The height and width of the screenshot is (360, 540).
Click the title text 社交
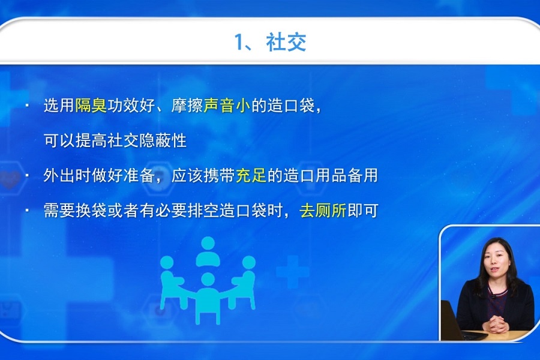[286, 42]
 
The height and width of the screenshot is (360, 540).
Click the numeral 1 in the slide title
[239, 42]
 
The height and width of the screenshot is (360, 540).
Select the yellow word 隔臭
[91, 106]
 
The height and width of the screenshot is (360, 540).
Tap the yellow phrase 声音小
[227, 106]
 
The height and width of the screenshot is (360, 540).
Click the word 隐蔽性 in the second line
[163, 140]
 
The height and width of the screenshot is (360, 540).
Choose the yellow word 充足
[251, 175]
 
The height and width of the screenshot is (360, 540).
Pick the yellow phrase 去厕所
[323, 211]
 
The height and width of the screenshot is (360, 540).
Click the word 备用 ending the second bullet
[362, 175]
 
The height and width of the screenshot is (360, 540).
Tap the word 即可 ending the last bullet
[363, 211]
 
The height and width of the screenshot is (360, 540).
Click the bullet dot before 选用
[27, 106]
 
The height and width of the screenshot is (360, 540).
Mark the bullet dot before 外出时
[27, 176]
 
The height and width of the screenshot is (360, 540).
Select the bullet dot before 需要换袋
[27, 211]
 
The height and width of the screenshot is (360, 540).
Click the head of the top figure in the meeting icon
[208, 244]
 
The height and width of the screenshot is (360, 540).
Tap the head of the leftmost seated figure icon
[167, 263]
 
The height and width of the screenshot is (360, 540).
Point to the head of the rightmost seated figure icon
[248, 263]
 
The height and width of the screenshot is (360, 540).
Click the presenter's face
[496, 259]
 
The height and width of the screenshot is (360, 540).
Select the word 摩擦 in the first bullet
[187, 106]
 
